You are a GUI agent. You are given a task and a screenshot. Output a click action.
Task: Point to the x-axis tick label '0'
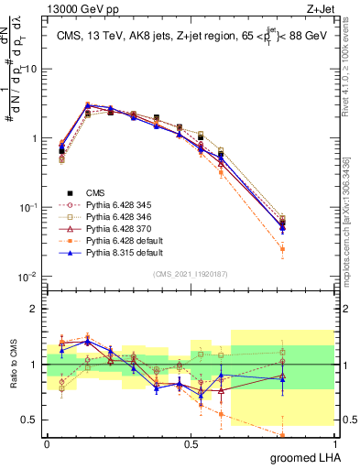(x=47, y=443)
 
